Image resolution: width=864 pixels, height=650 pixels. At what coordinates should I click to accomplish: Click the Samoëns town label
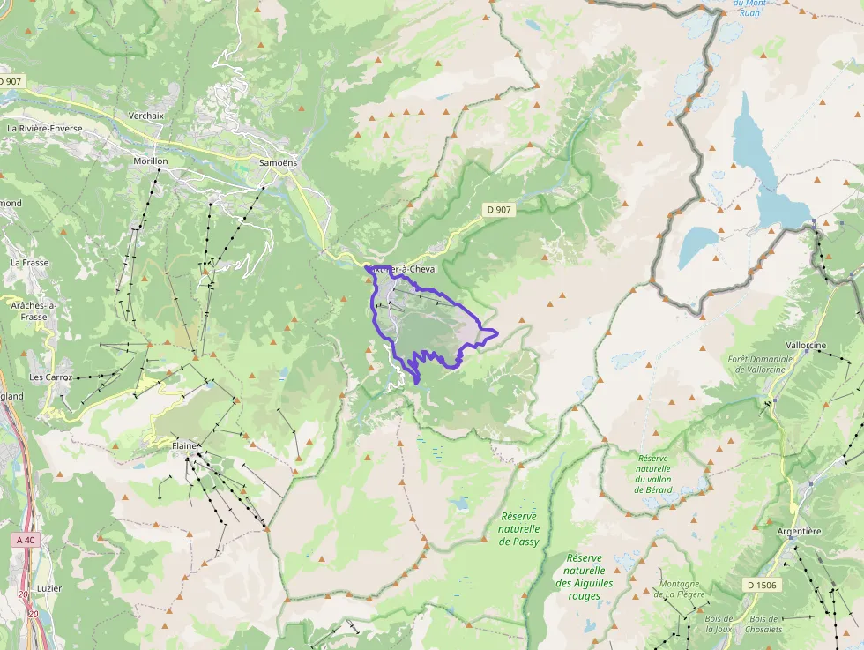[278, 163]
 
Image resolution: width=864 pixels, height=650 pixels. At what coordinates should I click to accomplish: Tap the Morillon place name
[150, 161]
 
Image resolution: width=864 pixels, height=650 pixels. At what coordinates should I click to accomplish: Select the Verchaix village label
[146, 116]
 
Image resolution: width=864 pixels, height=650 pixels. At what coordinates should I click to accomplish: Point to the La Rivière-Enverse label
[45, 129]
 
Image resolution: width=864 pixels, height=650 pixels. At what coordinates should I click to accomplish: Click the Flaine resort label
[184, 446]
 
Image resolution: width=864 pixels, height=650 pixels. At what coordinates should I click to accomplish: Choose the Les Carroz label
[48, 377]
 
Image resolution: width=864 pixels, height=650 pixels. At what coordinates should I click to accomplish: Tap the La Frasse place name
[30, 263]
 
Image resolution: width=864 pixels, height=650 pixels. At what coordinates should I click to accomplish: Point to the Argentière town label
[799, 531]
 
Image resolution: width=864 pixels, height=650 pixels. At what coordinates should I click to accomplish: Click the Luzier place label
[49, 588]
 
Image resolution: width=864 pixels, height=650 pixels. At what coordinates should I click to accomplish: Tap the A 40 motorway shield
[26, 539]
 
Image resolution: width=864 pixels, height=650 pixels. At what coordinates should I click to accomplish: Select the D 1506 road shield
[762, 585]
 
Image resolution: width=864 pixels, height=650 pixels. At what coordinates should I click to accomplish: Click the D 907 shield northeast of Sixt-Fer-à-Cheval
[497, 210]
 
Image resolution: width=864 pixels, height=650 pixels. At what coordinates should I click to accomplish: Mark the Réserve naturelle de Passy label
[518, 528]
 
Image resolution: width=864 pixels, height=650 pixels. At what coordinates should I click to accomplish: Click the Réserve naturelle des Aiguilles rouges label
[584, 577]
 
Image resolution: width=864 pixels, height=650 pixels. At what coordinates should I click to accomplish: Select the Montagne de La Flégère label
[680, 588]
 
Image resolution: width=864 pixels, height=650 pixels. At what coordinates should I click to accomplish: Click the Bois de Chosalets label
[765, 624]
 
